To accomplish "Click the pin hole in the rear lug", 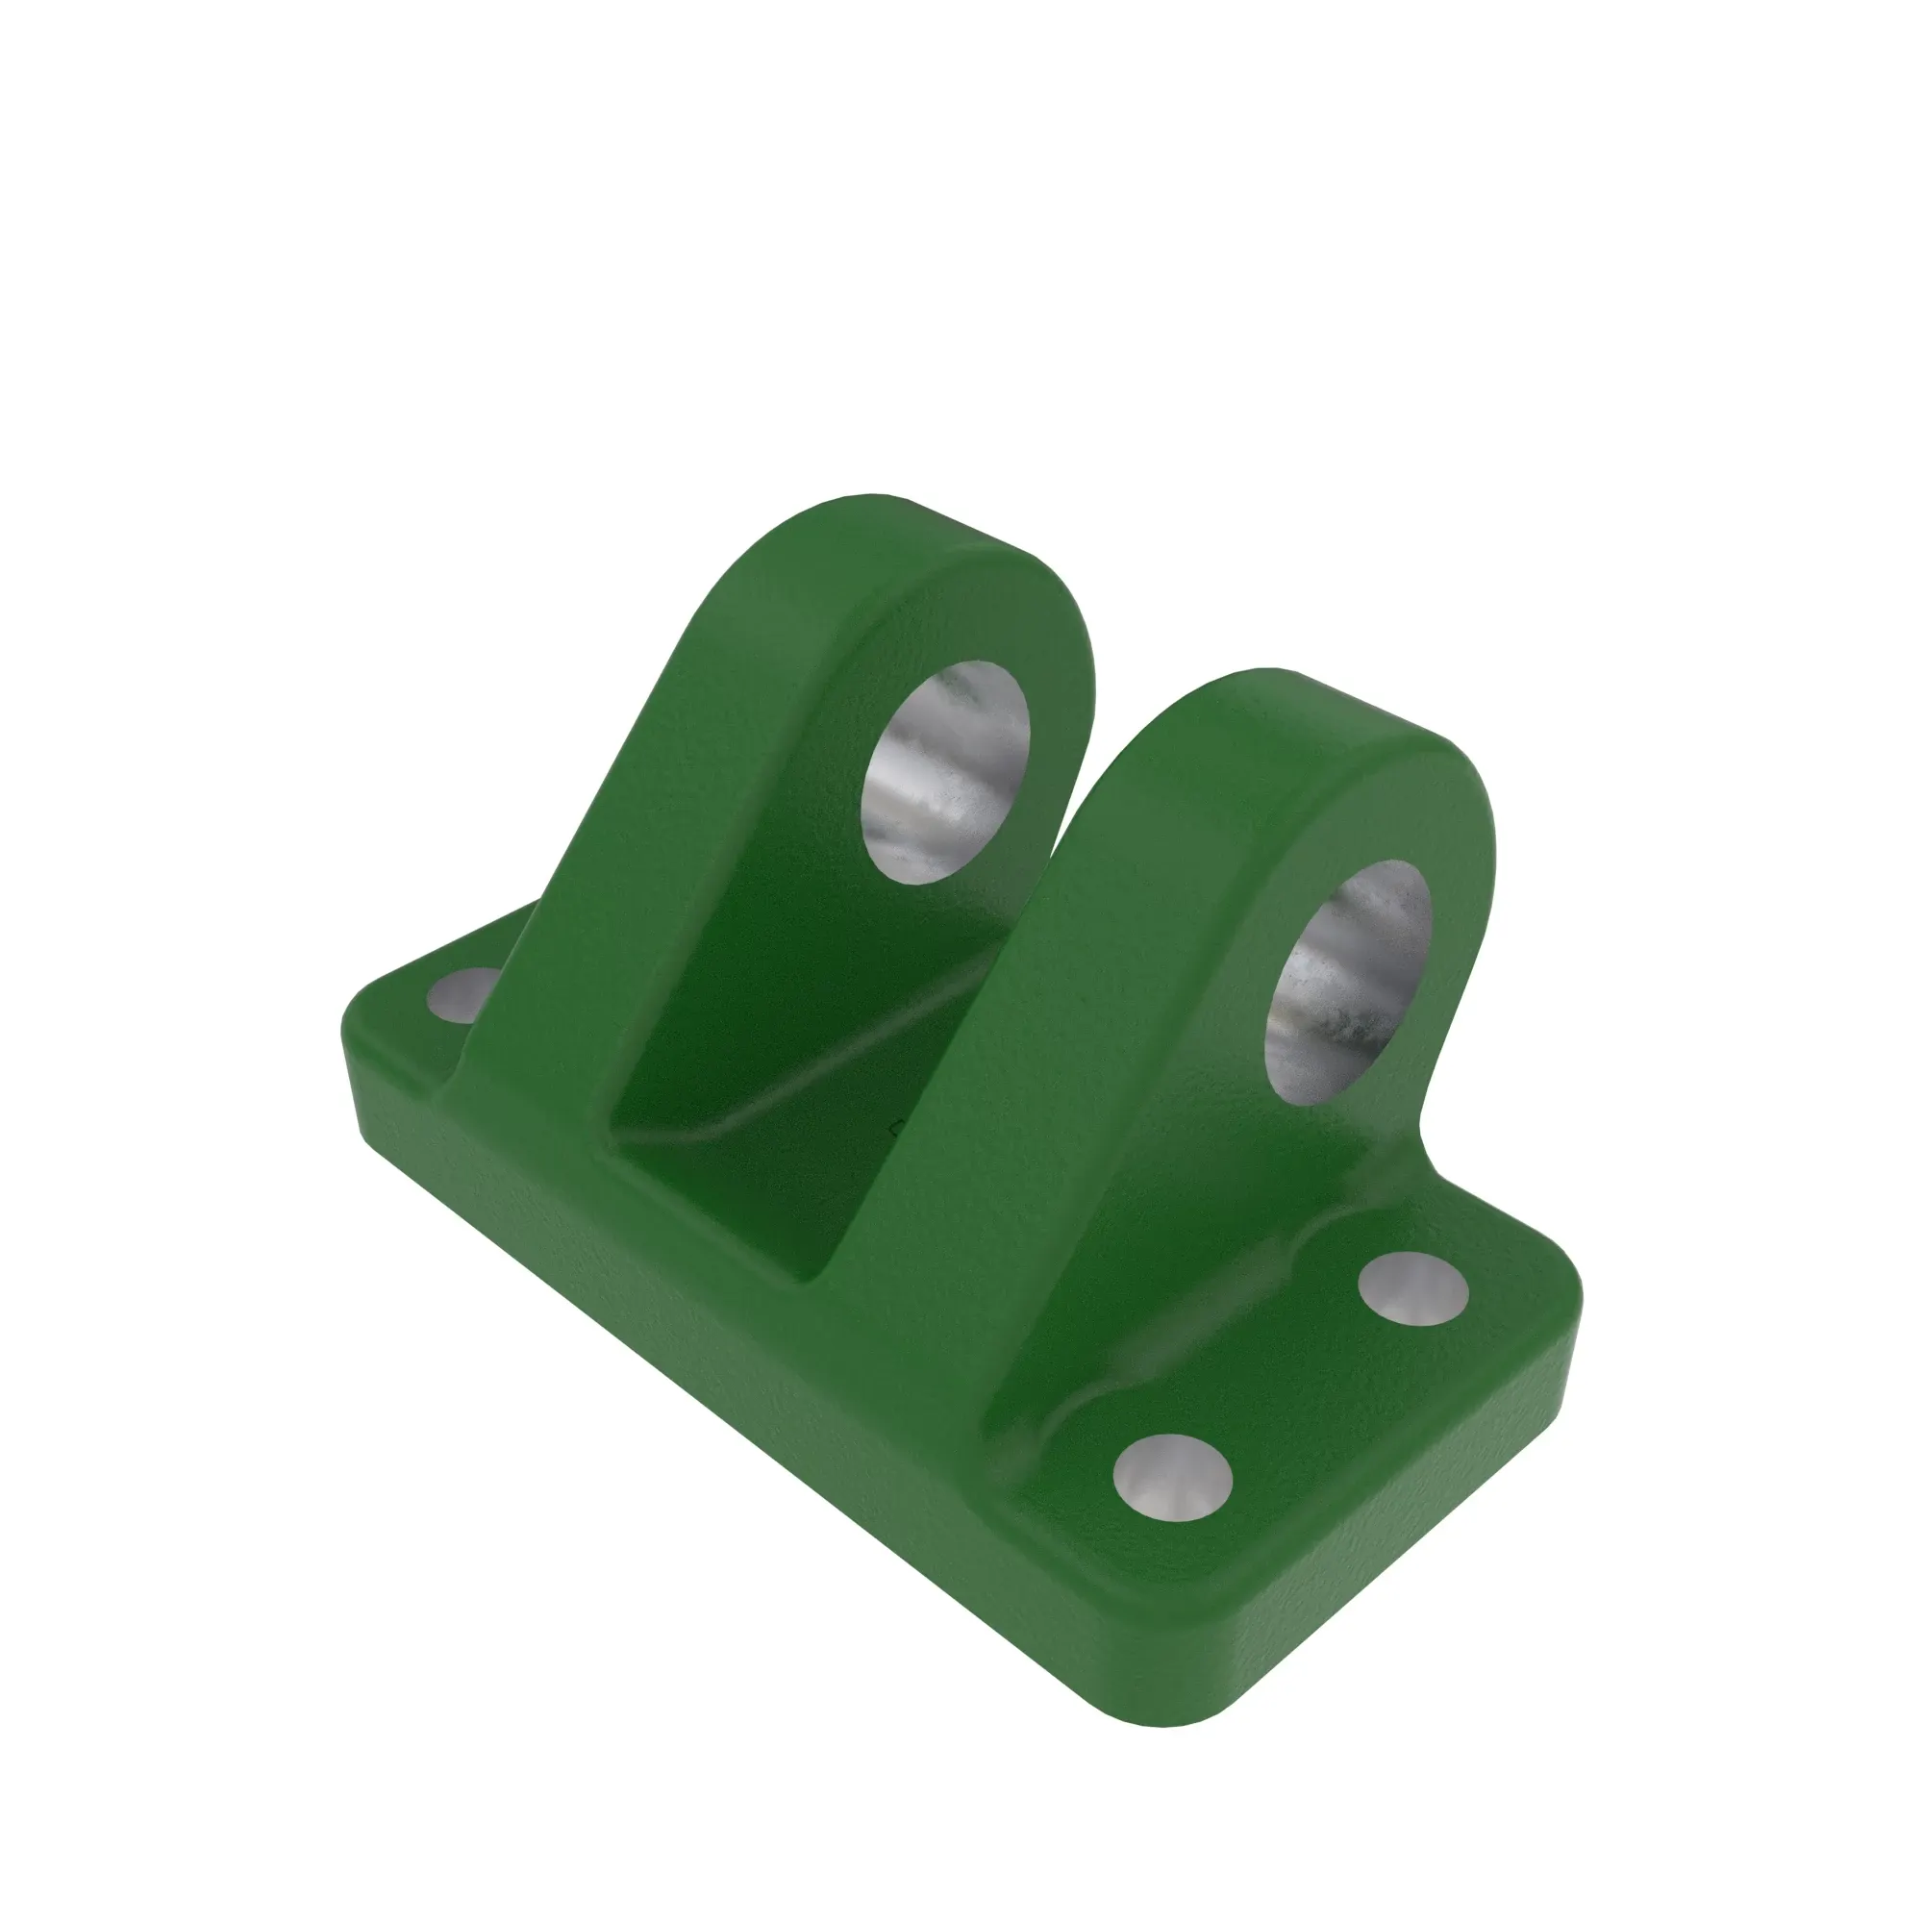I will coord(945,771).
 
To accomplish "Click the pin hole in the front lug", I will coord(1346,982).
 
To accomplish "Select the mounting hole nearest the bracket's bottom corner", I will coord(1171,1478).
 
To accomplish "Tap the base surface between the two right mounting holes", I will coord(1294,1384).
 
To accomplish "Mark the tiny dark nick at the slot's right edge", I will coord(895,1129).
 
